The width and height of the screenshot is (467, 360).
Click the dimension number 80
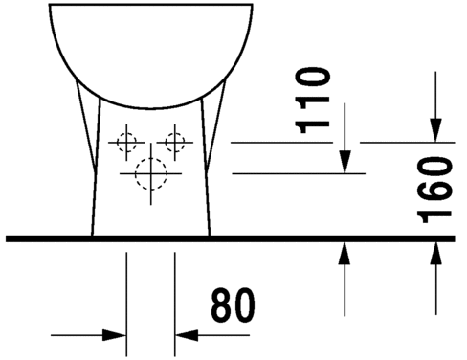(x=233, y=305)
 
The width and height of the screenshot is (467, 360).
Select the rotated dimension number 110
(x=312, y=100)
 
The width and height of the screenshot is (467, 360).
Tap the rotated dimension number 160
(x=434, y=190)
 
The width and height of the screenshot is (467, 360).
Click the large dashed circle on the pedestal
(x=151, y=173)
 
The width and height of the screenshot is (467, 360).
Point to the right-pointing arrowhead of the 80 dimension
(x=114, y=335)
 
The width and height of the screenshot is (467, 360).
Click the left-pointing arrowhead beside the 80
(x=187, y=335)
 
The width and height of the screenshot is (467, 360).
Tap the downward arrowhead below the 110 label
(x=345, y=162)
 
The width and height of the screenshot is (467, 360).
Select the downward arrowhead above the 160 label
(x=435, y=130)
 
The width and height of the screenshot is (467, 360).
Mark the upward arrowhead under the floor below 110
(x=345, y=254)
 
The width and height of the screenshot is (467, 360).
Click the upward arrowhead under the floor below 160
(x=435, y=254)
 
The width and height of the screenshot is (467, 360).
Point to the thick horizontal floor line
(x=231, y=238)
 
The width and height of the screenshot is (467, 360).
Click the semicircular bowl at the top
(x=151, y=108)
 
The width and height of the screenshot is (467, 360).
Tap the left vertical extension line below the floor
(x=126, y=304)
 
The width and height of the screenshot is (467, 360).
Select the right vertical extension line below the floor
(x=175, y=304)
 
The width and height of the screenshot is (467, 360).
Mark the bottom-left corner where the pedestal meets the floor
(x=92, y=236)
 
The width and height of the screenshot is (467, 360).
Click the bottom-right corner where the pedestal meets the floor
(x=210, y=236)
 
